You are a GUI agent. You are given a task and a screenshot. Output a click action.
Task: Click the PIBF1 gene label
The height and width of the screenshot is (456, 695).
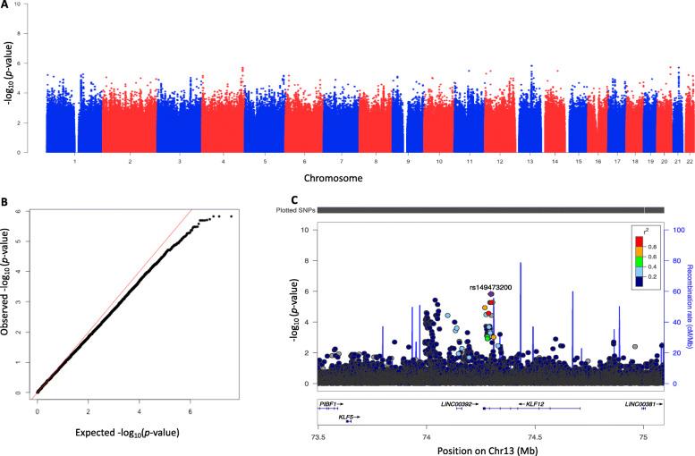tap(329, 404)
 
